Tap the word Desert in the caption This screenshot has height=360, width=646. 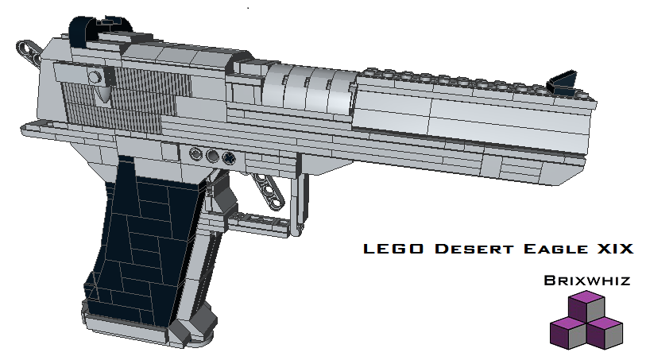point(467,250)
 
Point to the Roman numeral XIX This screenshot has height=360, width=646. point(613,250)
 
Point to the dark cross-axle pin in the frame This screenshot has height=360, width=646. point(230,157)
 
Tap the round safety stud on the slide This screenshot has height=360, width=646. point(95,77)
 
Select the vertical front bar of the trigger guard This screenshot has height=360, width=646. point(300,203)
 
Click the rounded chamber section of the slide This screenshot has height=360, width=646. point(306,87)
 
